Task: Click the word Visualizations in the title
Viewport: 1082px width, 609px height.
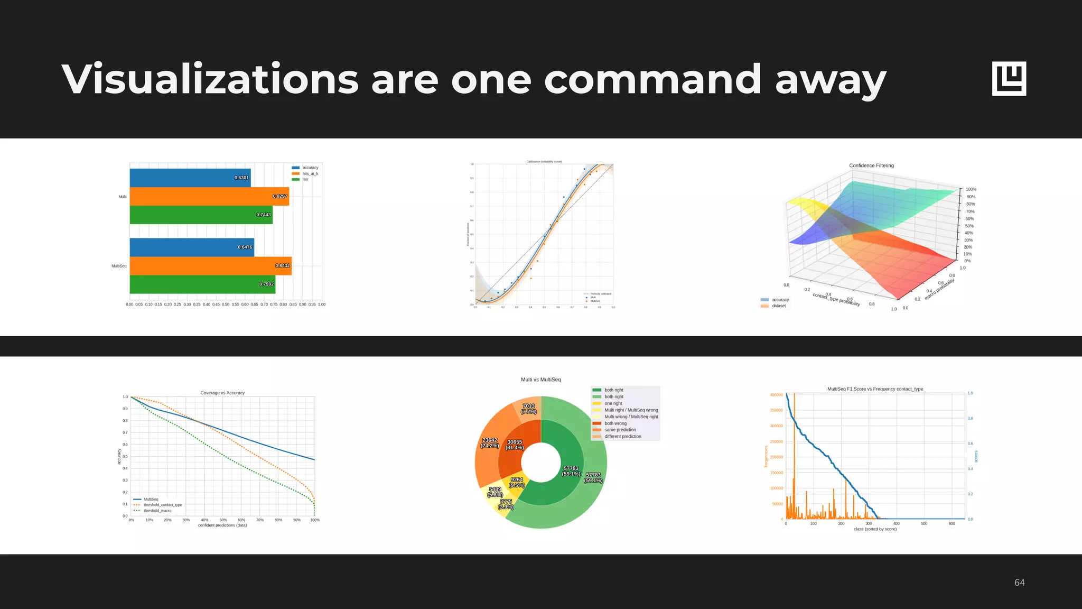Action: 210,79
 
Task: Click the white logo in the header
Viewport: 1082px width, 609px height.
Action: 1009,79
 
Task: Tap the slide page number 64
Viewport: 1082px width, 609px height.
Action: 1019,583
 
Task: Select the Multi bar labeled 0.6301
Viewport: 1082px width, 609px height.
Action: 190,178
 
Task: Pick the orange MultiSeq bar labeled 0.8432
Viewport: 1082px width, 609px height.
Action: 210,266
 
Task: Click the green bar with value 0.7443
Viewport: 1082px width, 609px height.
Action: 201,215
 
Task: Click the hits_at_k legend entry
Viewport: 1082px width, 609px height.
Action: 310,174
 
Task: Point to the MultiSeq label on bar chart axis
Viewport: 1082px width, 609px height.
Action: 119,266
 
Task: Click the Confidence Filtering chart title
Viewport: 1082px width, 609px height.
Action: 871,165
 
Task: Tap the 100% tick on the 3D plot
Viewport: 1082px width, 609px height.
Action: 971,189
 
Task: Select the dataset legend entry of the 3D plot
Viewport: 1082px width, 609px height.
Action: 778,306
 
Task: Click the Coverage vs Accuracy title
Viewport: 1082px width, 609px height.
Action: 222,393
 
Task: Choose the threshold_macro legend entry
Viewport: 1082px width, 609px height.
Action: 157,511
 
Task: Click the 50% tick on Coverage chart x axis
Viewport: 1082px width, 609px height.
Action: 223,520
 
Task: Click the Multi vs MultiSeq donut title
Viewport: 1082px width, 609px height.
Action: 540,380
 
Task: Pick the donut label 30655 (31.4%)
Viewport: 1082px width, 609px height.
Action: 515,445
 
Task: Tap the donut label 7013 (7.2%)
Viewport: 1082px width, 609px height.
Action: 528,409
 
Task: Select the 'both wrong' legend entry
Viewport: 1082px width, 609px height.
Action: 615,423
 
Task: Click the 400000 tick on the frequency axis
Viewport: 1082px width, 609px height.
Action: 776,395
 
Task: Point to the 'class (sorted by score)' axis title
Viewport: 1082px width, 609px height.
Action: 875,529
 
